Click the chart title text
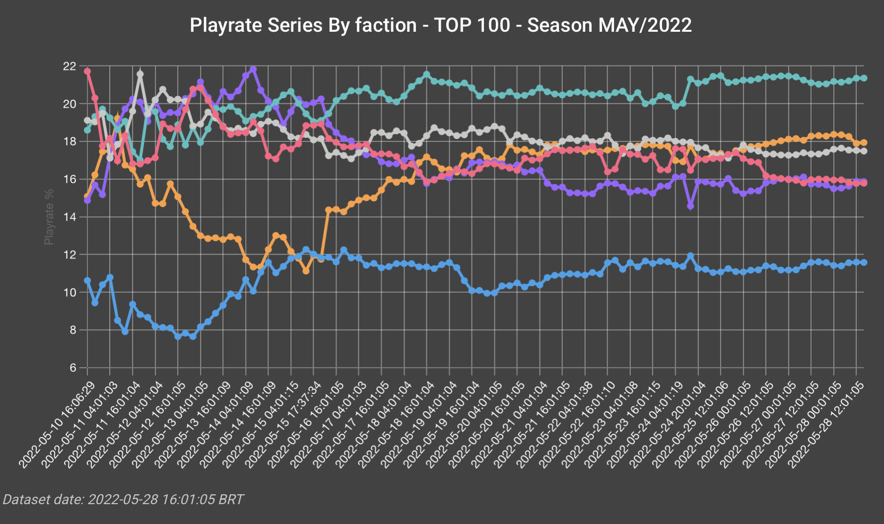click(x=441, y=25)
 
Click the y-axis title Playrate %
click(x=49, y=217)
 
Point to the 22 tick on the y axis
click(x=69, y=66)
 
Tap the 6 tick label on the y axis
click(x=73, y=368)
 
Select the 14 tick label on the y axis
click(x=69, y=217)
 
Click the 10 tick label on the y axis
click(x=69, y=292)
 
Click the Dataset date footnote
click(x=123, y=499)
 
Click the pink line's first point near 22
click(x=87, y=71)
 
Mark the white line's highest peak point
click(x=140, y=74)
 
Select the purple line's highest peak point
click(x=253, y=69)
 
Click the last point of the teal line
click(x=864, y=78)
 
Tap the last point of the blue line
click(x=864, y=262)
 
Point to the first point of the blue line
click(x=87, y=280)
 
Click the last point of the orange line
click(x=864, y=142)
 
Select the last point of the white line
click(x=864, y=151)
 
